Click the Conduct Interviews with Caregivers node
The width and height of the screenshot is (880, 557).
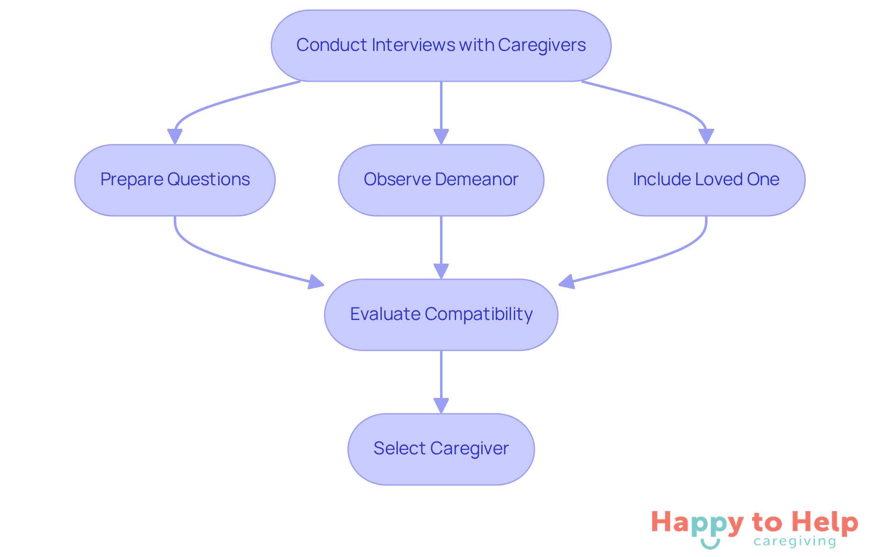[x=441, y=46]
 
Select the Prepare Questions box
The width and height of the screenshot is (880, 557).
[x=175, y=180]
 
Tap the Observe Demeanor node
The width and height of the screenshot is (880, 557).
[x=441, y=180]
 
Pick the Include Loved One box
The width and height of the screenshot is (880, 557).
[x=706, y=180]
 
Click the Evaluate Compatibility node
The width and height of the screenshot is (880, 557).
[x=441, y=314]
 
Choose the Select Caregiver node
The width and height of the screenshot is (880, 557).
[x=441, y=449]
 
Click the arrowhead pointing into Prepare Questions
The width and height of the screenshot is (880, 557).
[x=175, y=137]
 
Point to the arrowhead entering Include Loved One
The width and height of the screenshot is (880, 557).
[x=706, y=137]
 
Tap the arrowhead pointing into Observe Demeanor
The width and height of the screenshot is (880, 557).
[x=441, y=137]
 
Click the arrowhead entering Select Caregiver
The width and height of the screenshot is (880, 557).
[x=441, y=406]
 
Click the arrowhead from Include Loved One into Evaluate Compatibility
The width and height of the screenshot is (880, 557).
[x=567, y=282]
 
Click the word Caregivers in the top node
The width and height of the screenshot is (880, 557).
[x=542, y=45]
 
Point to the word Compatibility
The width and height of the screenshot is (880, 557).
[x=478, y=314]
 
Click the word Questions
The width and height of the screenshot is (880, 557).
[x=209, y=179]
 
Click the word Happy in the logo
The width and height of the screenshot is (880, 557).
[x=698, y=523]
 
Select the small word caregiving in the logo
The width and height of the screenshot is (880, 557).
[x=795, y=541]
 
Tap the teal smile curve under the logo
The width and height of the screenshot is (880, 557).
[x=710, y=545]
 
